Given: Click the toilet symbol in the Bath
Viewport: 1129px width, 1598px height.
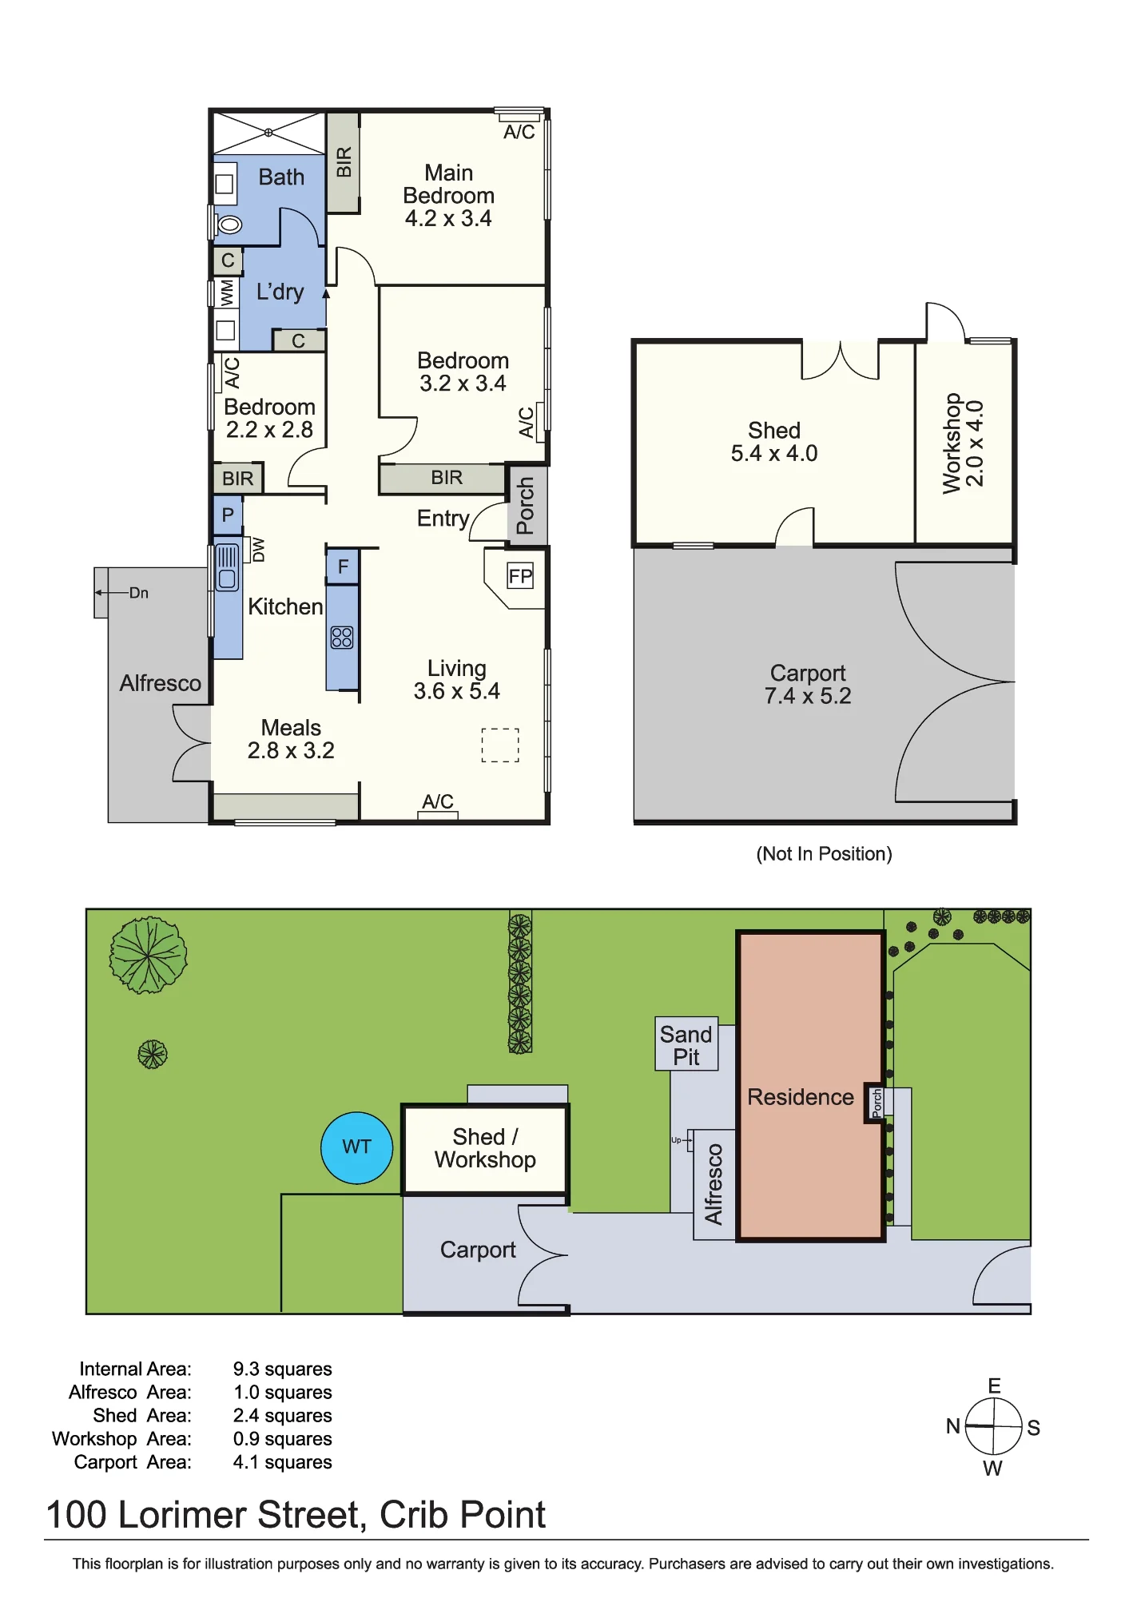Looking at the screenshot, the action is [229, 225].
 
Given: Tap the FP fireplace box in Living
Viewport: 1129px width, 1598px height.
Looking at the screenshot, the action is [520, 576].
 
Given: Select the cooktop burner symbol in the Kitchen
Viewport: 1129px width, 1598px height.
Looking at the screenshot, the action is [342, 637].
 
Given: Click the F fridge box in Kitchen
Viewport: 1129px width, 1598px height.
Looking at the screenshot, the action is [343, 567].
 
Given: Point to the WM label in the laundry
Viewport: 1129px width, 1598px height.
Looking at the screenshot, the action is [227, 292].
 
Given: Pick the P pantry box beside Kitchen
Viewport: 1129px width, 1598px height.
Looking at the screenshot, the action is [228, 515].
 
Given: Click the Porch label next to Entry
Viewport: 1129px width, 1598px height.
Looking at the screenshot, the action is [525, 506].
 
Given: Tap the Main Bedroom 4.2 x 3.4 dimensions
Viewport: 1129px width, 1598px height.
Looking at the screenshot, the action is [448, 218].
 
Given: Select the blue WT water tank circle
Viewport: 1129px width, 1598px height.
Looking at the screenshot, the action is [356, 1147].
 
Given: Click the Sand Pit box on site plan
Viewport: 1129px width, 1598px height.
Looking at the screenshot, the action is [686, 1043].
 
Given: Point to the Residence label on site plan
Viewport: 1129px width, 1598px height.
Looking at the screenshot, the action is [801, 1097].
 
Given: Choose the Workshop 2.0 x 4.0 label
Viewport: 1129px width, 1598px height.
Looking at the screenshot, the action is [963, 443].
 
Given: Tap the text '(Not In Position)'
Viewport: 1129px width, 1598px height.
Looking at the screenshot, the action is [824, 854].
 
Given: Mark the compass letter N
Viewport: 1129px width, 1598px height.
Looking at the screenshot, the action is [952, 1426].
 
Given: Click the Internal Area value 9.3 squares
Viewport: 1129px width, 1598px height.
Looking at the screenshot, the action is [282, 1369].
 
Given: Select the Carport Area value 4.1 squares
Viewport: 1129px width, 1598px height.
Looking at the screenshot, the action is [282, 1462].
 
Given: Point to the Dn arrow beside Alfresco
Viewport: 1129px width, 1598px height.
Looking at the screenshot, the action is [111, 593].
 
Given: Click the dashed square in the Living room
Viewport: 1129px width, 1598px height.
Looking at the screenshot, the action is [500, 745].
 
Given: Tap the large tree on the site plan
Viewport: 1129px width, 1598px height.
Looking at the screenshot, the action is [148, 955].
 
